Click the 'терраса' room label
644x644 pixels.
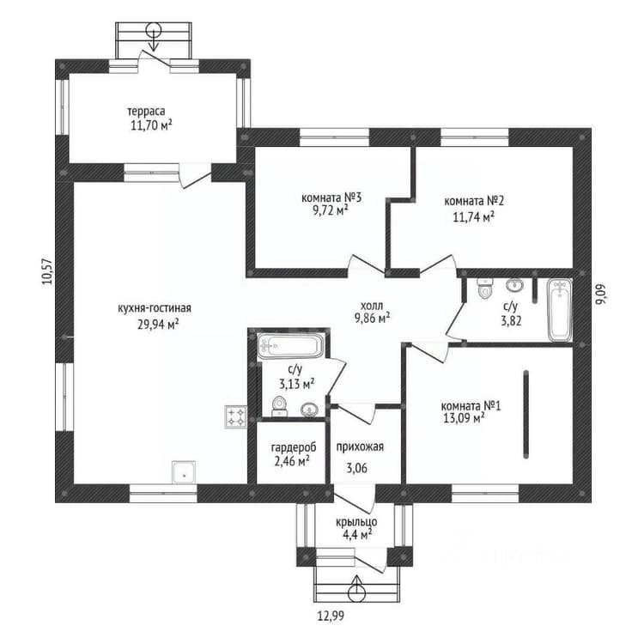(x=146, y=111)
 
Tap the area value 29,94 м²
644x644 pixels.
(x=159, y=325)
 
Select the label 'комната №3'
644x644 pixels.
(x=331, y=198)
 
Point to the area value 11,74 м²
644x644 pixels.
(x=473, y=216)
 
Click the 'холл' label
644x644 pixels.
(x=372, y=306)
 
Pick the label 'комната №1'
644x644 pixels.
(x=471, y=406)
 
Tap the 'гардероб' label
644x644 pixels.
(x=294, y=447)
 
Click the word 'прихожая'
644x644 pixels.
(x=360, y=447)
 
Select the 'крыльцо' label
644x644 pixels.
(x=356, y=522)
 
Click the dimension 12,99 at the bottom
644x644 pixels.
(x=331, y=616)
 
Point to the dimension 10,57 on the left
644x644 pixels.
(x=47, y=271)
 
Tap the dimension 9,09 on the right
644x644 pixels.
(x=601, y=294)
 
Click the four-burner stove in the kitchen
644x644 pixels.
(x=236, y=416)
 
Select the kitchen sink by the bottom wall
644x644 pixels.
(x=184, y=472)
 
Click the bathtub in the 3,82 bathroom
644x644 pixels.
(x=559, y=309)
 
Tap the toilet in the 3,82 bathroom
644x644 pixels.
(x=485, y=288)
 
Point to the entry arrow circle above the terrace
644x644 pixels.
(x=154, y=30)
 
